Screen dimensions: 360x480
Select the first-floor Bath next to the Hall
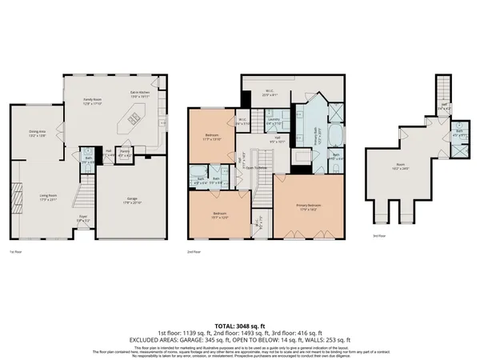click(x=89, y=158)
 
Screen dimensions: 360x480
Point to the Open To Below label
click(x=256, y=168)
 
